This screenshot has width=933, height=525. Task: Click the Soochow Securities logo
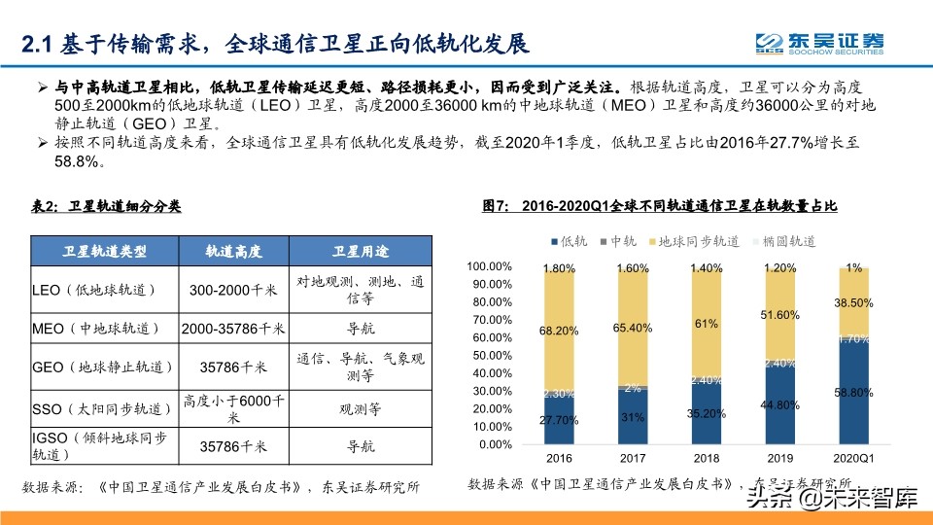[x=821, y=42]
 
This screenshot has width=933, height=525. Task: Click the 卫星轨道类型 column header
[x=105, y=252]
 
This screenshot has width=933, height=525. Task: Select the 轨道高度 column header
[x=233, y=252]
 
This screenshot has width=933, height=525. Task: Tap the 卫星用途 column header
[x=360, y=252]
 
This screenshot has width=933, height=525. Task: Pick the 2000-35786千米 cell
[x=233, y=328]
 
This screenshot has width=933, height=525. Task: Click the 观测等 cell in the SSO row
[x=360, y=408]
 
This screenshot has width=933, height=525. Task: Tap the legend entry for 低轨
[x=569, y=241]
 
